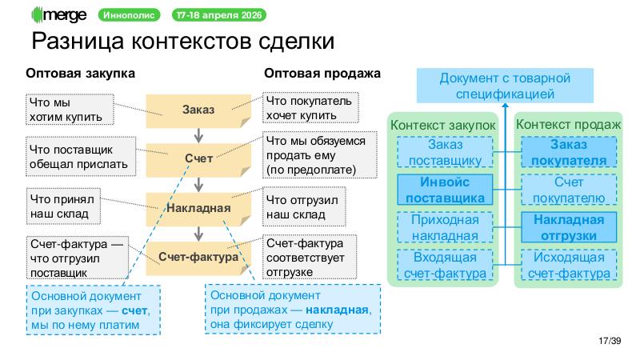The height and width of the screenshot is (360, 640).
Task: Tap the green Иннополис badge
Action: [x=130, y=15]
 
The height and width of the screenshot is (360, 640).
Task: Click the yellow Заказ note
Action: [x=198, y=110]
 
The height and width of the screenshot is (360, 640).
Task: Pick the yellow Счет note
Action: [x=198, y=158]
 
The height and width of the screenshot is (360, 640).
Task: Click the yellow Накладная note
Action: [x=198, y=208]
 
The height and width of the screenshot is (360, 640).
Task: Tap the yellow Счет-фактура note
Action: [x=198, y=257]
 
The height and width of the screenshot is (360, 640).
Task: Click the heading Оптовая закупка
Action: [x=81, y=74]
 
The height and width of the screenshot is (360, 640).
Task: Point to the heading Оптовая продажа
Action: [x=322, y=74]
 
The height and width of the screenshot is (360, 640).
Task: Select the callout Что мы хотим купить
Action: [x=70, y=110]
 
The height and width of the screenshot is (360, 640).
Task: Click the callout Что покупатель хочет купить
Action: [x=310, y=110]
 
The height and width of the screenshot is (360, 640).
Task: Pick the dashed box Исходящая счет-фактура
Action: [x=568, y=265]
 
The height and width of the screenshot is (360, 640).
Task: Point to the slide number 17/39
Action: [x=609, y=342]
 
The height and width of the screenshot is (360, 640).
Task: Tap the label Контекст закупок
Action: [x=442, y=125]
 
